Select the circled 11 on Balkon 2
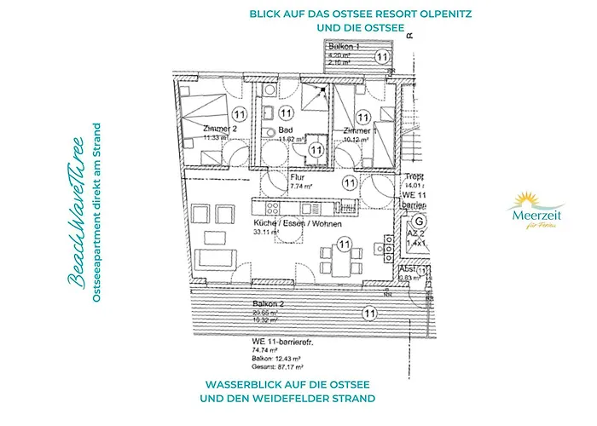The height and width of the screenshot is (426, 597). (x=369, y=314)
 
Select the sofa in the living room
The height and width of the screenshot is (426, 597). (x=213, y=259)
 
